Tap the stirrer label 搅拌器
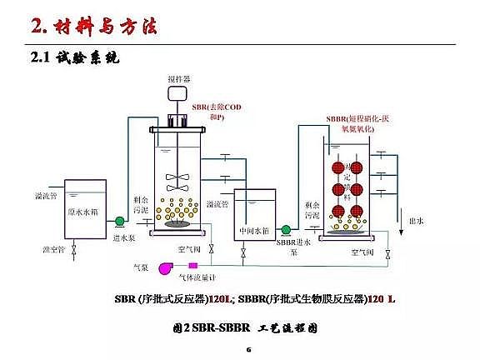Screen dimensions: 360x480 tap(179, 79)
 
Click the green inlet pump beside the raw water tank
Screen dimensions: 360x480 tap(119, 222)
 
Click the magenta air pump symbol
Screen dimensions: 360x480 tap(163, 266)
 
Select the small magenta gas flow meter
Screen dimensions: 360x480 tap(204, 266)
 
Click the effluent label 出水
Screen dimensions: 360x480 tap(417, 221)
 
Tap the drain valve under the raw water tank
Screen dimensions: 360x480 tap(74, 249)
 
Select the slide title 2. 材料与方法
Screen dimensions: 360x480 tap(92, 27)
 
